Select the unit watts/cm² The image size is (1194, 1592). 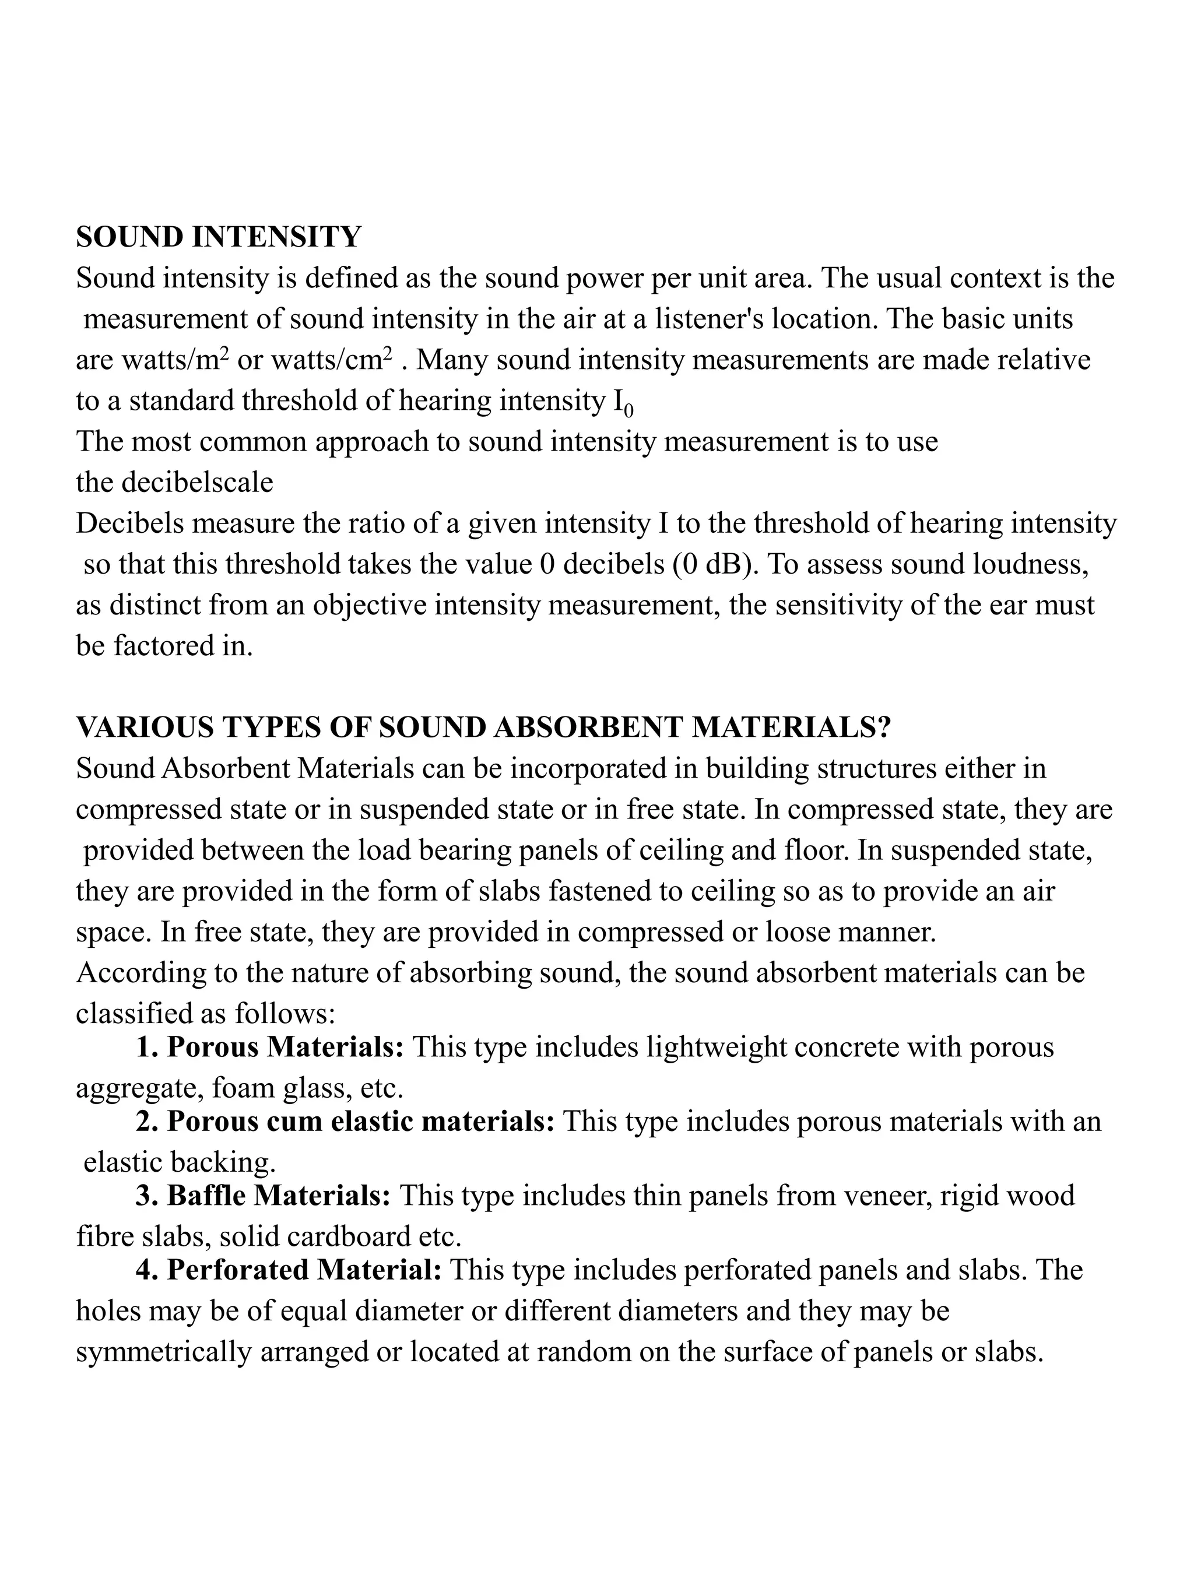point(332,360)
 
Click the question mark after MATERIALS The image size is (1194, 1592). point(884,728)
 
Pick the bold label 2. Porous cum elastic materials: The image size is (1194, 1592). point(346,1122)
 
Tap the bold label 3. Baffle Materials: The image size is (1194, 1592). point(263,1196)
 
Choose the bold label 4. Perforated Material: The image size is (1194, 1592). point(289,1270)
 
